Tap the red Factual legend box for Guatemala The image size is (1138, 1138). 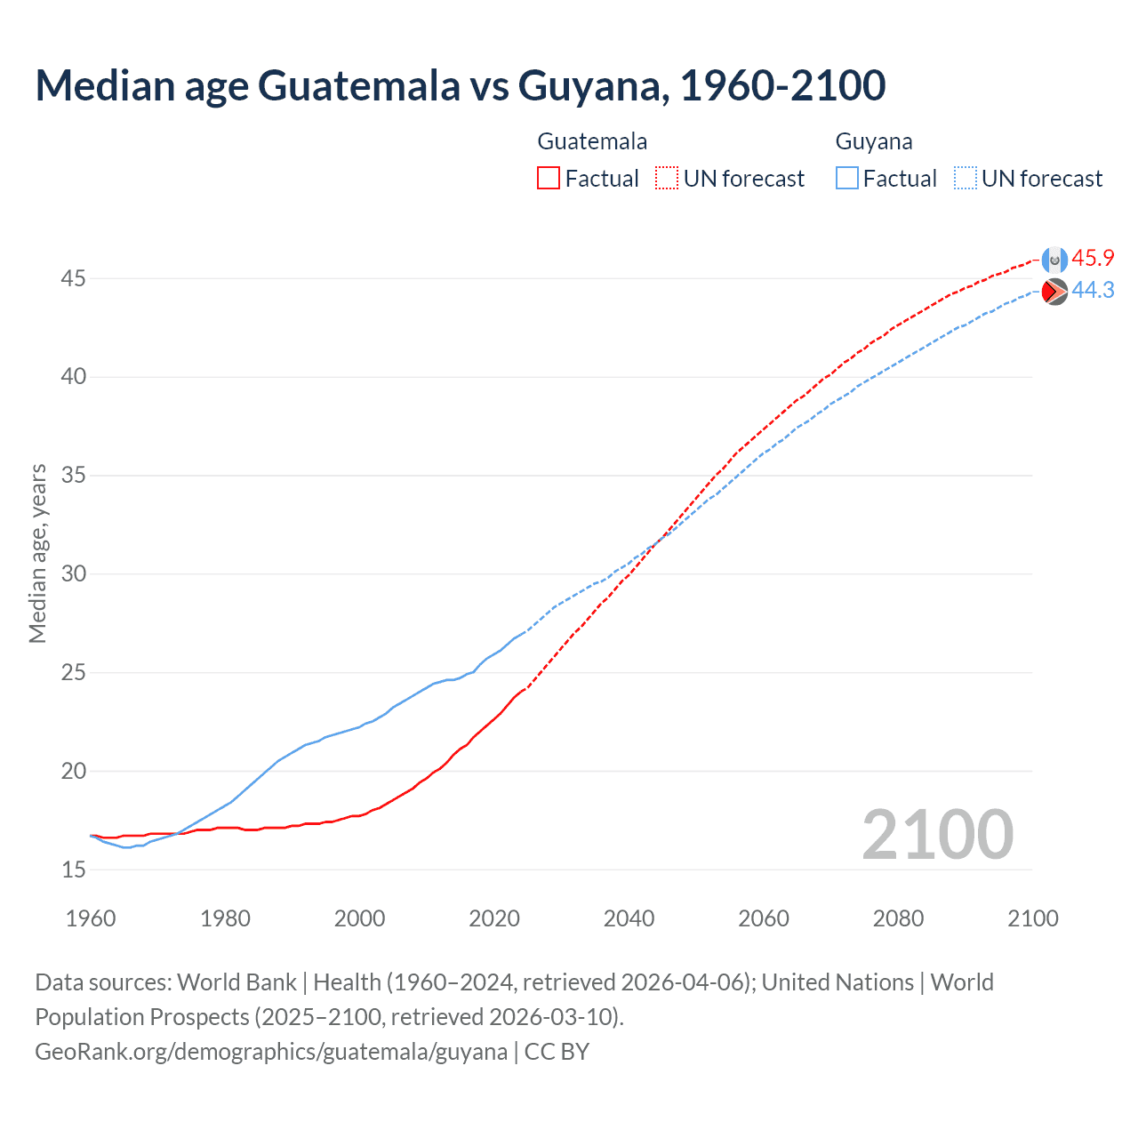click(549, 179)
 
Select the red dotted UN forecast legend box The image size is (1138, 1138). click(667, 179)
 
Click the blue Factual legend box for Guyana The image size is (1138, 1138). click(847, 179)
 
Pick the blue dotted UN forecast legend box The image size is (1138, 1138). click(965, 179)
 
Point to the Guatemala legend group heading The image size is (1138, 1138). click(592, 141)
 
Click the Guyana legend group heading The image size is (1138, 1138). click(873, 141)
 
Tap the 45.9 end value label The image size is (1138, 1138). click(1093, 259)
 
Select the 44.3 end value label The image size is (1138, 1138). click(1093, 291)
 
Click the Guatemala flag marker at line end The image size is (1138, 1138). click(1054, 260)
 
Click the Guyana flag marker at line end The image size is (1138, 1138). click(1054, 292)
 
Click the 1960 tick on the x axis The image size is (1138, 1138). click(91, 918)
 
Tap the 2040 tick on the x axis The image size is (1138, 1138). click(629, 918)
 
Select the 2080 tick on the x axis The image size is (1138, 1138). click(898, 918)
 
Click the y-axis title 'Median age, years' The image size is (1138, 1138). click(37, 553)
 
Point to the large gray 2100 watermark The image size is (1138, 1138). click(937, 835)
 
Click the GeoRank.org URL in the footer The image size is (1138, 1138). click(271, 1052)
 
